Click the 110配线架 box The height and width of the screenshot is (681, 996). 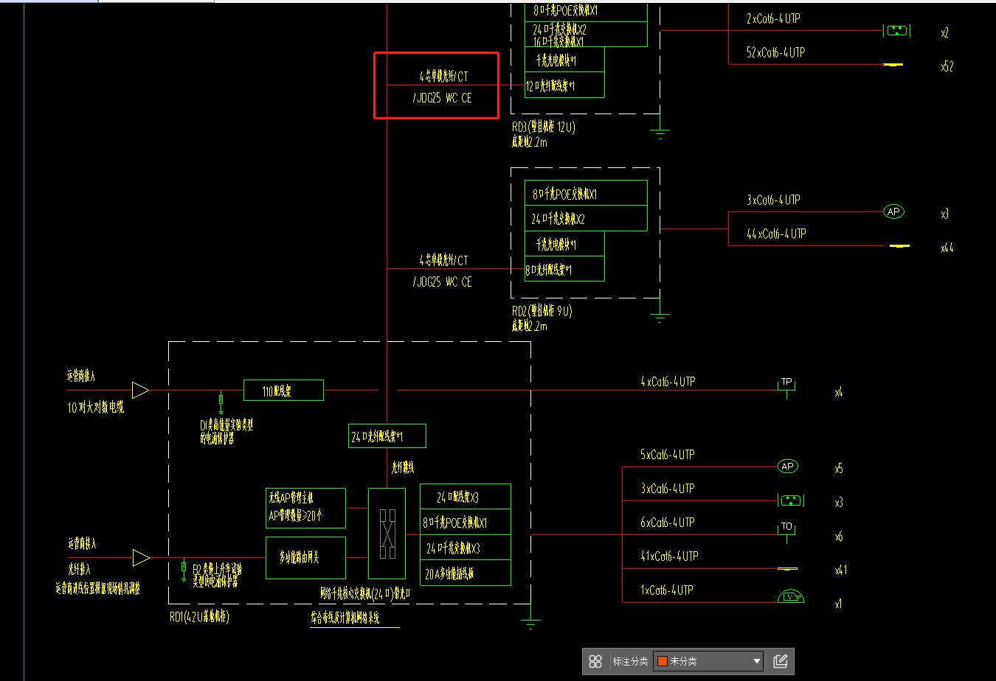point(283,391)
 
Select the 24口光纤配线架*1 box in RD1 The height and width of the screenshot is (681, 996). point(387,436)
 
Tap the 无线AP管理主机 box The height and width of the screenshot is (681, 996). point(305,507)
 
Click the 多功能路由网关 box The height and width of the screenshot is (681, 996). point(305,557)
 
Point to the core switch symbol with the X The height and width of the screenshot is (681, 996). point(387,532)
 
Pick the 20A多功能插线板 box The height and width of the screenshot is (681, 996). point(465,573)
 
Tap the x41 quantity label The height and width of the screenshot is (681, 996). point(841,570)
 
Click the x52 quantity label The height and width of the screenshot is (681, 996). point(947,66)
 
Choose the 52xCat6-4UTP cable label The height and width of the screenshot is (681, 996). point(775,52)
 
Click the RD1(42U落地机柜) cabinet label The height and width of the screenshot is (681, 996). point(199,618)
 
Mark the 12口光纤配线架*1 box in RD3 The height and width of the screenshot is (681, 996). point(564,85)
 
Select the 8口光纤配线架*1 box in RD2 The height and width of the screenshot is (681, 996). point(564,270)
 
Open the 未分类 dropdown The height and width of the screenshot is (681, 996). point(708,661)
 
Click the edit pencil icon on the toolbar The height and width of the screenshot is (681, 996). point(781,661)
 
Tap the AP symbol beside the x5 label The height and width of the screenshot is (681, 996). point(787,467)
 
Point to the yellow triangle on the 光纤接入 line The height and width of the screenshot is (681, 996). point(140,558)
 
